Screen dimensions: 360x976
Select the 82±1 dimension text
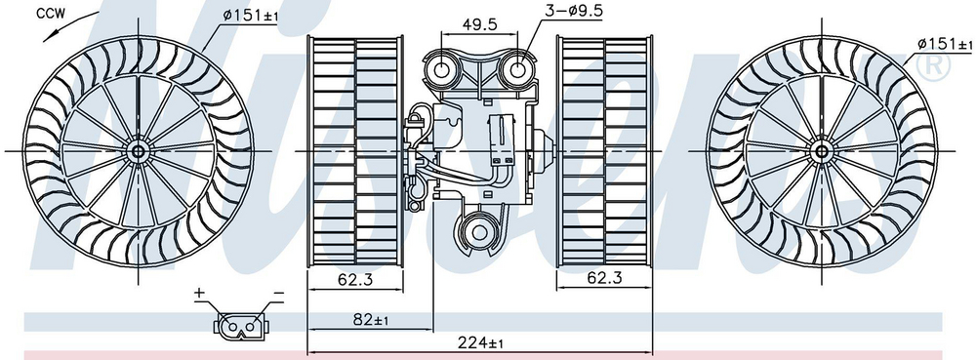(x=370, y=319)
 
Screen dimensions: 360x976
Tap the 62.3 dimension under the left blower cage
(x=355, y=280)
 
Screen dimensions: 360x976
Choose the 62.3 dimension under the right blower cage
(x=604, y=280)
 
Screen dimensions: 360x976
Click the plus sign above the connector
(x=199, y=293)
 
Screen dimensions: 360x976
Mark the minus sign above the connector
(x=278, y=293)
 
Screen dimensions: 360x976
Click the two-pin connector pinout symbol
(x=239, y=324)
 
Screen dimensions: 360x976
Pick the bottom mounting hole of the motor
(x=479, y=232)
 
